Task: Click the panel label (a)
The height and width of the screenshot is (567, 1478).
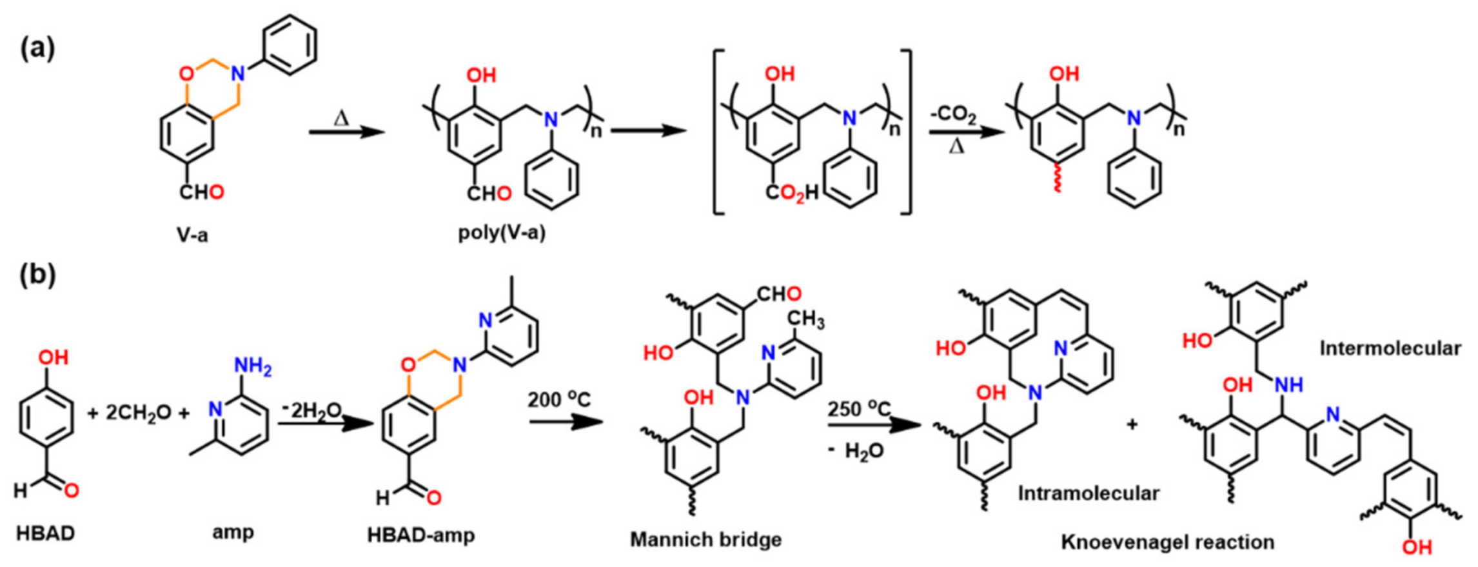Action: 37,49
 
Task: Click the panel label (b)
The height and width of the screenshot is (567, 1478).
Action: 37,275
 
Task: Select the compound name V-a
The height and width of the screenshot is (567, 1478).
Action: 192,235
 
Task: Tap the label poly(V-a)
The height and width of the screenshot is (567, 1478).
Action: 502,233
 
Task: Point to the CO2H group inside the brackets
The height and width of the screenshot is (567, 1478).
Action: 792,193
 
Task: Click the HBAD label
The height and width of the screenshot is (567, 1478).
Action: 45,533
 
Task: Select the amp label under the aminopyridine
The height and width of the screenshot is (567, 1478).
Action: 233,533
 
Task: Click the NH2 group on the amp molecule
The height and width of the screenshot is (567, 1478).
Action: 253,366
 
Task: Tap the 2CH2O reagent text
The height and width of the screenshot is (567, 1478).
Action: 138,413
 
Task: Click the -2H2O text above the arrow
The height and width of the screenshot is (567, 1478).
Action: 311,410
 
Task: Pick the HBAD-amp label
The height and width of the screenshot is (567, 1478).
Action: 421,535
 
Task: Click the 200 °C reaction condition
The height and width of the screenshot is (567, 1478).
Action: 559,400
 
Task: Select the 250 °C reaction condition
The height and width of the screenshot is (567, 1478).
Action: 859,409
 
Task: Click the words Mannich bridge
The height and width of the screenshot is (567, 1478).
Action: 705,539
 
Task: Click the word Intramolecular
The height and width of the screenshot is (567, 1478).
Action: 1089,493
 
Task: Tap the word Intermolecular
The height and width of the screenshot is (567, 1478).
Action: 1390,348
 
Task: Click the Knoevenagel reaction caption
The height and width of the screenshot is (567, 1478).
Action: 1168,542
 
